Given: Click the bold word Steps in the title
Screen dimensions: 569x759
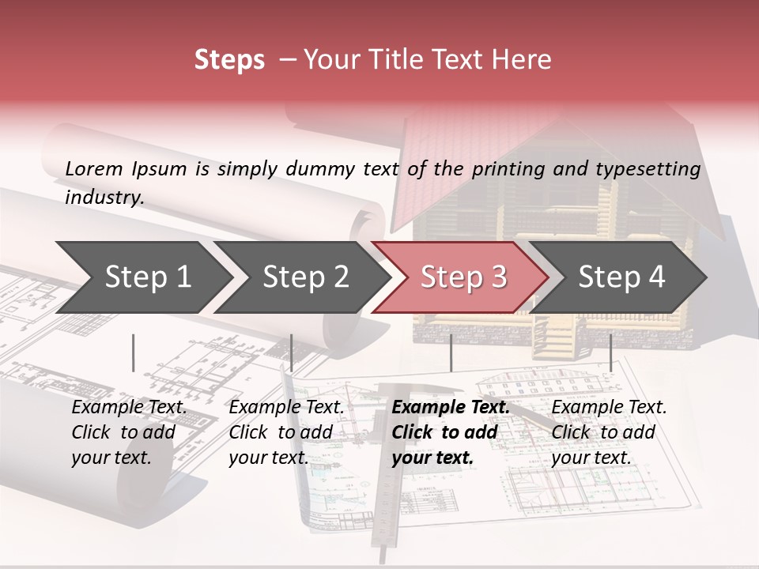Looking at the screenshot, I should [x=229, y=60].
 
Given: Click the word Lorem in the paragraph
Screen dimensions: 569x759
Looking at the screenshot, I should [x=93, y=168].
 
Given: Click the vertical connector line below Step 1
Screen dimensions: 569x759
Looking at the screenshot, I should [x=134, y=352].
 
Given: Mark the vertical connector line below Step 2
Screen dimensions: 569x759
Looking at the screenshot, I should [x=292, y=352].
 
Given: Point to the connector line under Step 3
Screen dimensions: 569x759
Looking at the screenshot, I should [x=451, y=352].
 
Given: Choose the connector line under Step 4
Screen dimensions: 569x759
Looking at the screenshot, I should [x=611, y=352].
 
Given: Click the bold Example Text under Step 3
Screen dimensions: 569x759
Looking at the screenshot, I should [x=451, y=408].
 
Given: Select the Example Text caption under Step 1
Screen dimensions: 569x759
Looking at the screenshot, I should [x=129, y=408].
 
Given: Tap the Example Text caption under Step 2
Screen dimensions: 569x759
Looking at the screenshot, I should [x=286, y=408].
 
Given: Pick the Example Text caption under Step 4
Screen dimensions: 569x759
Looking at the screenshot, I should [x=609, y=408].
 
